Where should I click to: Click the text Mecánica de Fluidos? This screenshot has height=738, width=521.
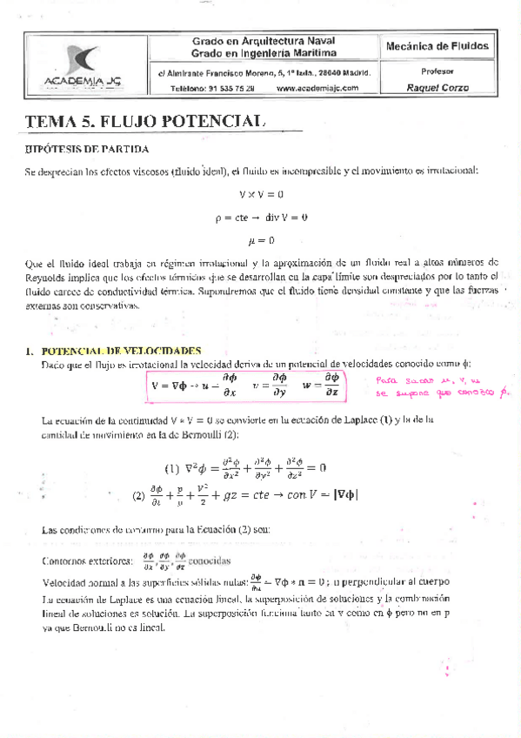click(436, 46)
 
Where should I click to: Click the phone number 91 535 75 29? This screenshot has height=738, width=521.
click(224, 89)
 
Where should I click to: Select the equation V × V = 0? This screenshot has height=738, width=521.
click(261, 193)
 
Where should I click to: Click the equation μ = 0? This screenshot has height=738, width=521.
click(261, 239)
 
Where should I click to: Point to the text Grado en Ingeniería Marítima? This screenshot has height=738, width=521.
click(264, 54)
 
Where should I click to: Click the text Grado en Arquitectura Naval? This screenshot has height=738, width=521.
click(264, 41)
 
